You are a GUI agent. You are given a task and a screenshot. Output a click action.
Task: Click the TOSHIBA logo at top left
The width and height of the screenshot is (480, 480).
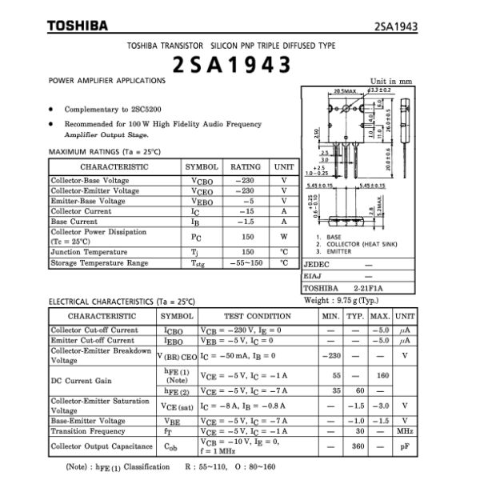coord(77,26)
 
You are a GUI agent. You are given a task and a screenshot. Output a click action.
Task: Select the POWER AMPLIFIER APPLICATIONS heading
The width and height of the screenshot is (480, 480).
coord(107,81)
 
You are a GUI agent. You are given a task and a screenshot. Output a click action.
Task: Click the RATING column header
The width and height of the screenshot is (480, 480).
coord(246,167)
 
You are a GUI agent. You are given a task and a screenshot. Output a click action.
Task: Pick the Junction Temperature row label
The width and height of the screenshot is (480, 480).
coord(89,251)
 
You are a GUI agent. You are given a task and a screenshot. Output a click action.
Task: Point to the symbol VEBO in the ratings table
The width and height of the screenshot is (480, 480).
coord(202,201)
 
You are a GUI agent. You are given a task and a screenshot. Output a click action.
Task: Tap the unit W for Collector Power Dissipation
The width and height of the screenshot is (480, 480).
coord(283,237)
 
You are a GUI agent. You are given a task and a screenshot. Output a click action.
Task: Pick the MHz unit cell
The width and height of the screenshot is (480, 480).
coord(405,431)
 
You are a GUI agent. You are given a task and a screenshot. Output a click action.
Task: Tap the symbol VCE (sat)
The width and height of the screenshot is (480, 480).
coord(177,406)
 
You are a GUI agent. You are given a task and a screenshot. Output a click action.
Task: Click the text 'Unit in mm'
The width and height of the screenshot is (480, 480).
coord(390,81)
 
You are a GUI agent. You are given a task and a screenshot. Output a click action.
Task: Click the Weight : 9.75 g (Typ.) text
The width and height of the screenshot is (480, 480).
coord(341,301)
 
